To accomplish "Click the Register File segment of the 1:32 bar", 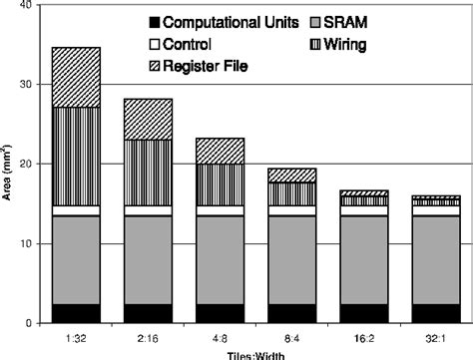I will (x=76, y=77).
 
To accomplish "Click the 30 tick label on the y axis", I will (x=27, y=85).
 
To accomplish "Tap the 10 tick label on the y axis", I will (x=27, y=243).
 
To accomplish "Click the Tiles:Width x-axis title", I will (x=255, y=354).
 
